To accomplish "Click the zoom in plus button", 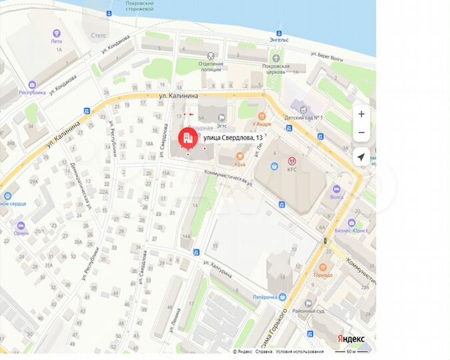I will point(361,114).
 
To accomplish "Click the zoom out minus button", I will point(361,133).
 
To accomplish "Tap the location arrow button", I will point(361,157).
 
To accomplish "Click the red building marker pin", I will point(186,138).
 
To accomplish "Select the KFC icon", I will point(291,161).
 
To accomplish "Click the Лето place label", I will point(56,41).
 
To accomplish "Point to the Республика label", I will point(31,93).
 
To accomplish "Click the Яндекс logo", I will point(349,339).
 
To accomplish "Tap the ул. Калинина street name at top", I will point(178,97).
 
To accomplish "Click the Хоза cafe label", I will point(239,163).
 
